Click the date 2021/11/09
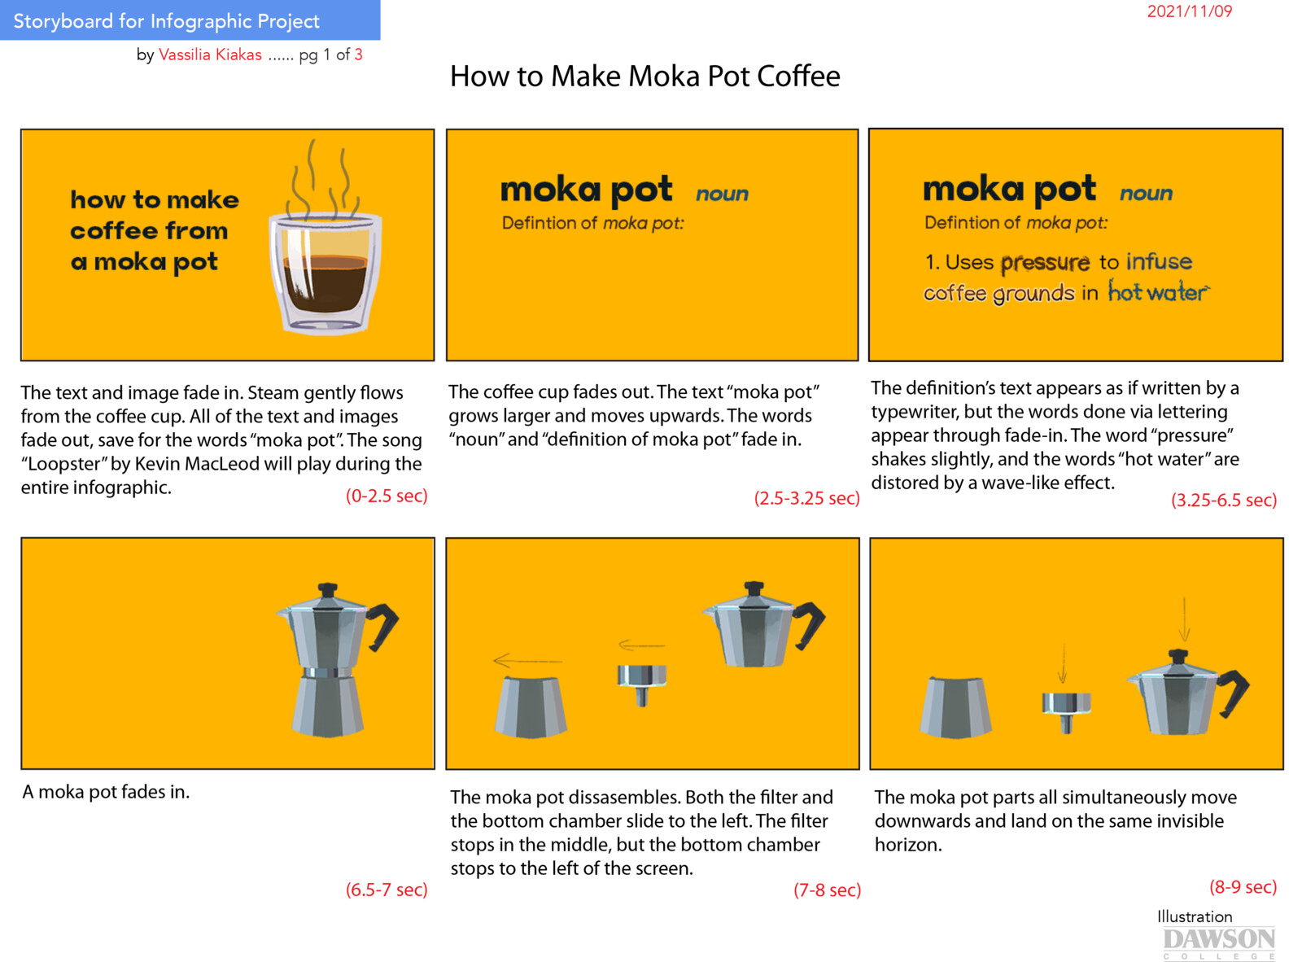tap(1189, 11)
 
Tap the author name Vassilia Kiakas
tap(210, 55)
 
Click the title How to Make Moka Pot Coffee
tap(644, 77)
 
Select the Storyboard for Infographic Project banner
tap(190, 20)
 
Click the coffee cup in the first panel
tap(325, 273)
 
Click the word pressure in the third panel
tap(1045, 263)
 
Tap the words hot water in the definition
tap(1157, 292)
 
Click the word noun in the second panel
tap(722, 194)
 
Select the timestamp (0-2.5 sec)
tap(387, 496)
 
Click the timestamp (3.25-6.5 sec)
tap(1223, 500)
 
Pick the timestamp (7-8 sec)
tap(827, 890)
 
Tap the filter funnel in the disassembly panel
tap(642, 683)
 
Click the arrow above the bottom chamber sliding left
tap(526, 660)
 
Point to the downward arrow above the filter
tap(1062, 663)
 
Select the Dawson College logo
tap(1218, 942)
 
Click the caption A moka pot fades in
tap(106, 792)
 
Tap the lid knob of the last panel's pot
tap(1177, 656)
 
